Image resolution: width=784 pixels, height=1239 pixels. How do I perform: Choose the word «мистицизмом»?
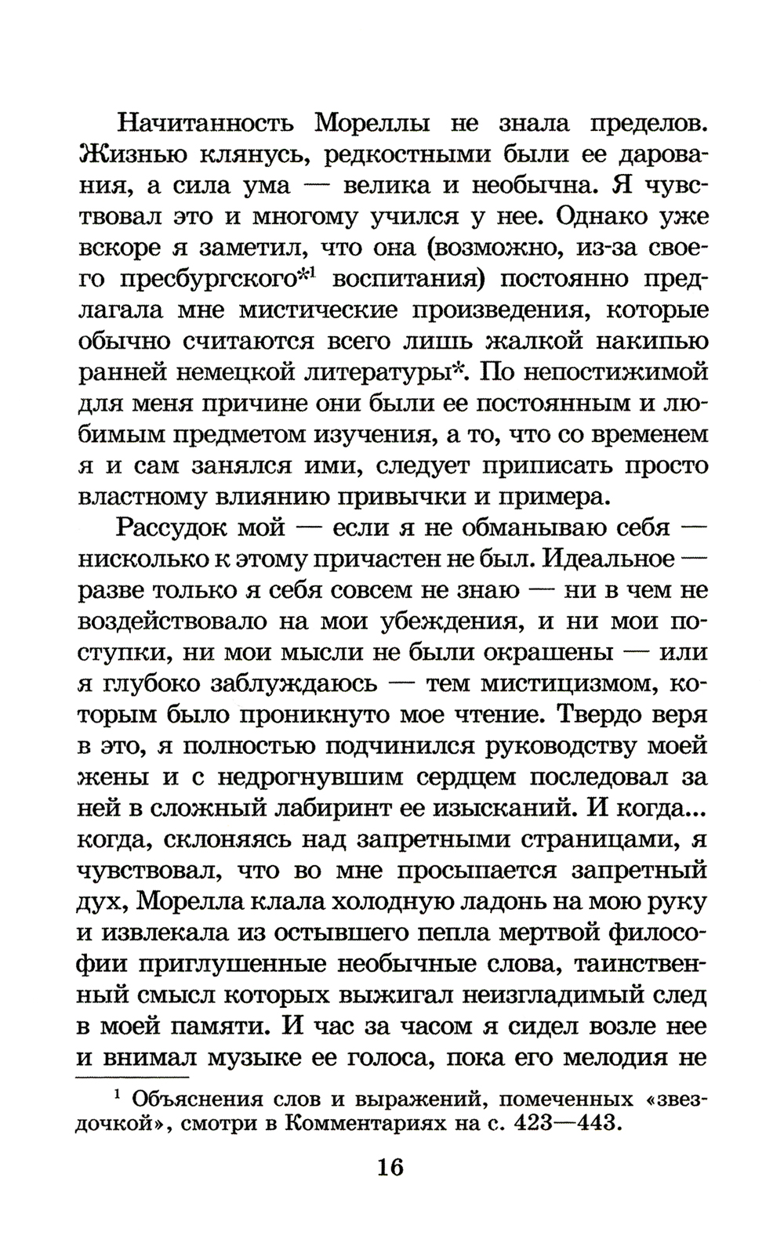tap(561, 683)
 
